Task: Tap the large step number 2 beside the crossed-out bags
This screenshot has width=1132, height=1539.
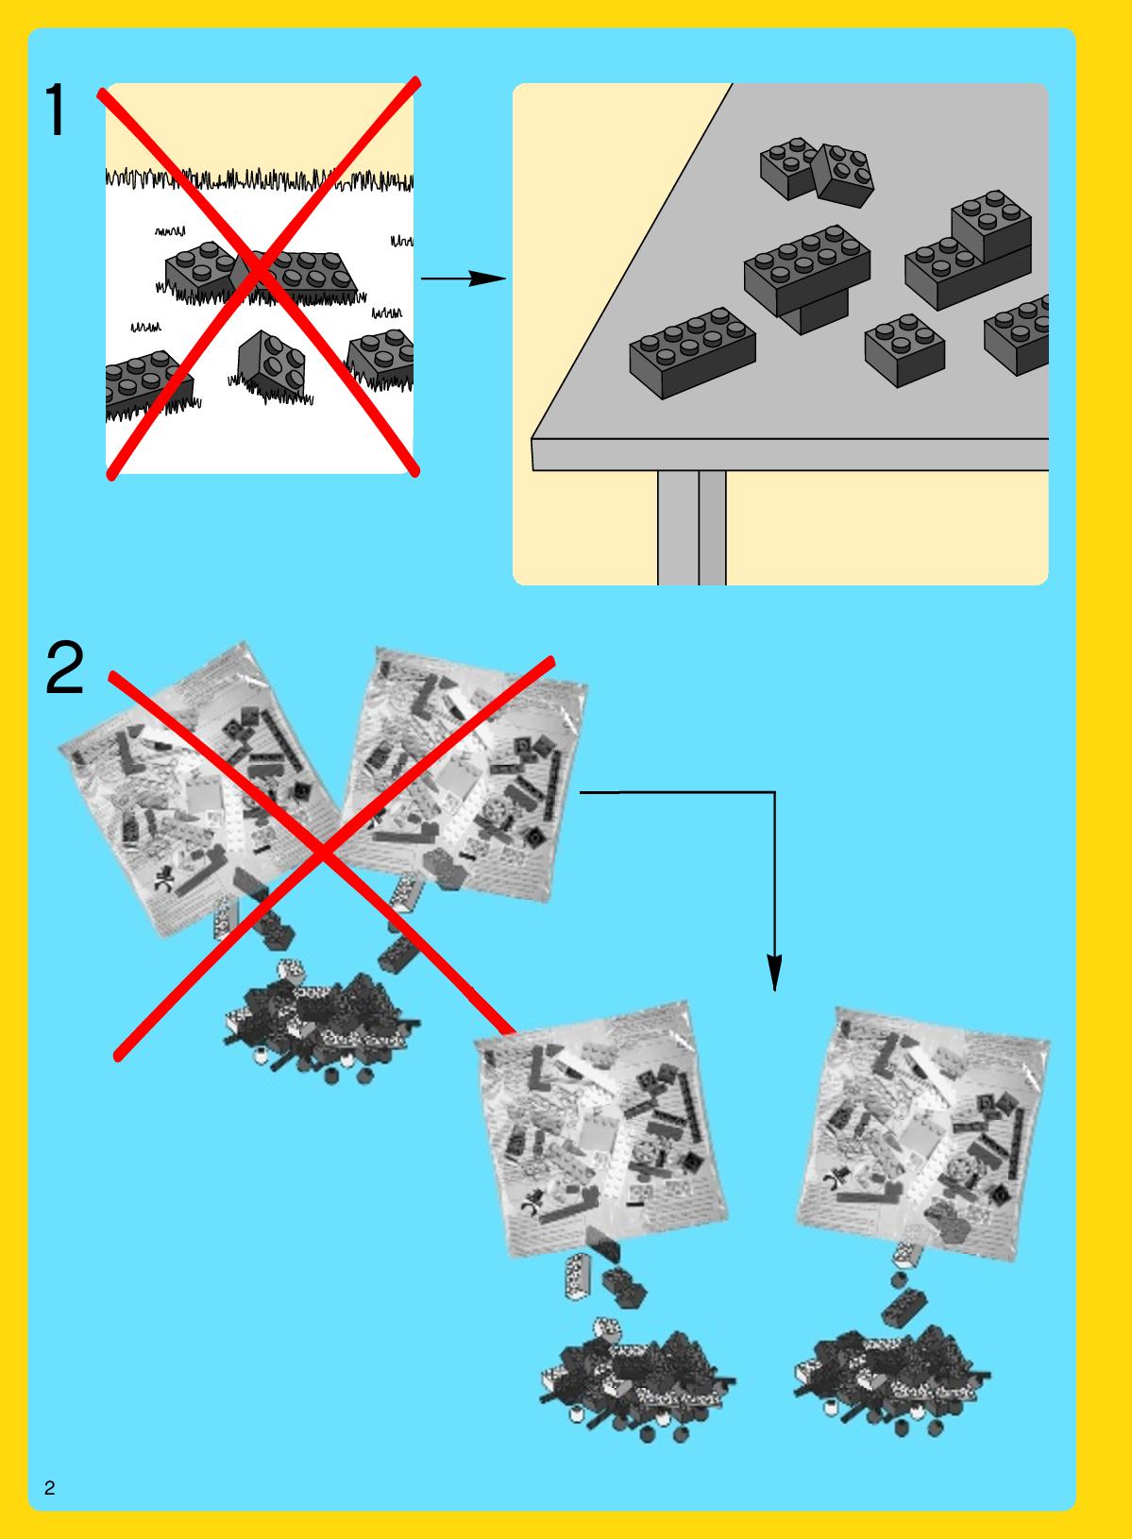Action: [64, 667]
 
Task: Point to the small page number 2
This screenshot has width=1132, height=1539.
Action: [49, 1487]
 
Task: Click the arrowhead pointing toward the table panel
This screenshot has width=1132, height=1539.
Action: [486, 279]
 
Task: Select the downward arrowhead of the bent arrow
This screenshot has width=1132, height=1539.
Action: [775, 972]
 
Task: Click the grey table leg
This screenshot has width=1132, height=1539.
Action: [691, 528]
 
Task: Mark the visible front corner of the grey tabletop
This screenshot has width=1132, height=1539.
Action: [532, 439]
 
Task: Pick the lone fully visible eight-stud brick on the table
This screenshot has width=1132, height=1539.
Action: [692, 352]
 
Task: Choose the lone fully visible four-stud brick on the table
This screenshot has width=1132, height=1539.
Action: [904, 350]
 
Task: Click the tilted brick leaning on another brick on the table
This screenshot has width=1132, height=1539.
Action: [843, 175]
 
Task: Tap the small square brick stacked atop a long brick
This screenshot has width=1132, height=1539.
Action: [991, 225]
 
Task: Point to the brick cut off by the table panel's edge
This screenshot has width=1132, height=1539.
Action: [1018, 335]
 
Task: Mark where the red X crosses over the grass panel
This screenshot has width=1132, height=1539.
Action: [259, 274]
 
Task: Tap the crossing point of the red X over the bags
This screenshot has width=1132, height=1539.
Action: [323, 852]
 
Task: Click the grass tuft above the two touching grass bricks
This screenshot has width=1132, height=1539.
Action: [170, 231]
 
